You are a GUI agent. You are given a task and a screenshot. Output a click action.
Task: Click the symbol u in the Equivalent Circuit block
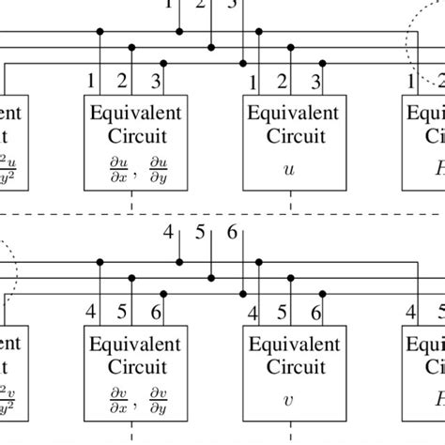point(285,171)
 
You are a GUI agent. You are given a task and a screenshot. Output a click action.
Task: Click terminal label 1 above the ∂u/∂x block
point(91,82)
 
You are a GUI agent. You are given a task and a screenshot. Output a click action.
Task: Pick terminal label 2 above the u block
point(285,82)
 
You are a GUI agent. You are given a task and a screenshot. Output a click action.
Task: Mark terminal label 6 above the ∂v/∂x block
point(157,312)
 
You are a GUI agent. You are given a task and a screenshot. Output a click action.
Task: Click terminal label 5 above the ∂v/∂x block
point(124,312)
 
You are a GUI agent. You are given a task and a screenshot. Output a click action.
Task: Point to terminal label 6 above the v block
point(317,312)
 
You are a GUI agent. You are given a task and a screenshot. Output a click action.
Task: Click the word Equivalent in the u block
point(285,113)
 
